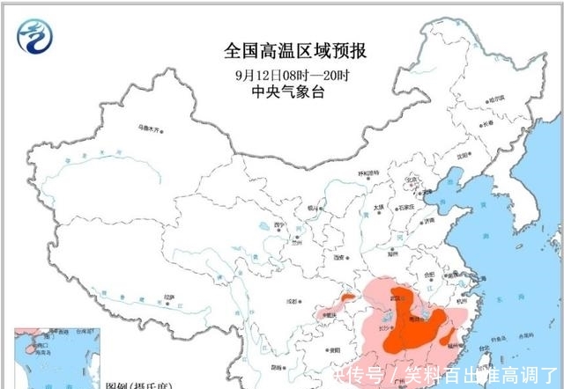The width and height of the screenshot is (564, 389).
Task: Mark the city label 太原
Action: [378, 209]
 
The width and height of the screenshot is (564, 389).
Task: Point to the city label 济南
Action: [426, 224]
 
